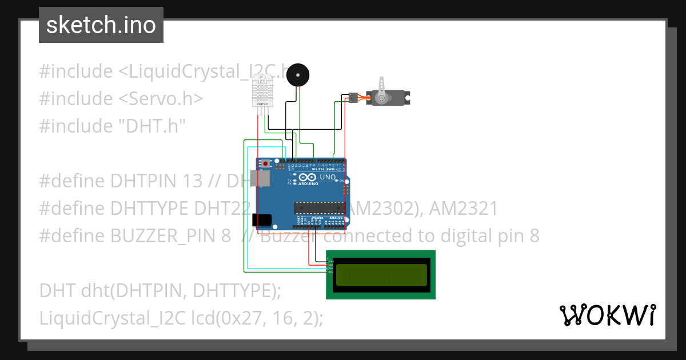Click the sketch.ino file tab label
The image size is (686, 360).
click(101, 25)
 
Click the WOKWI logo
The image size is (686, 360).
click(607, 315)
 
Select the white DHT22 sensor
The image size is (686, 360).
click(263, 91)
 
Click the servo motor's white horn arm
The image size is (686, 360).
click(382, 85)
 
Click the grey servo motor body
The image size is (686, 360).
click(389, 98)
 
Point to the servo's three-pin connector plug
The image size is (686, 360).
click(353, 98)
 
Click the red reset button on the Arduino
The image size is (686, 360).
click(264, 163)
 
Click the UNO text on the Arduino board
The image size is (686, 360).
click(327, 178)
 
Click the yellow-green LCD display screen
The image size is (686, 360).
click(381, 275)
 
